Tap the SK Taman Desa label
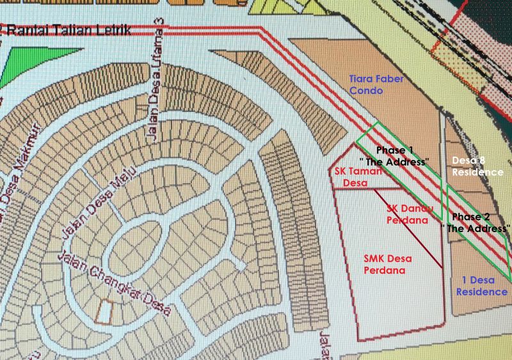pos(358,178)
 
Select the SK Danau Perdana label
pos(411,214)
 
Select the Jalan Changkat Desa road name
pos(116,285)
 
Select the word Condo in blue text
pos(364,91)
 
